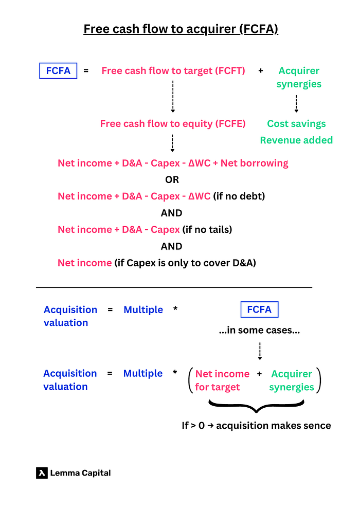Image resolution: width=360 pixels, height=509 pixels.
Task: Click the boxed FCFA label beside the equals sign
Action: (x=58, y=71)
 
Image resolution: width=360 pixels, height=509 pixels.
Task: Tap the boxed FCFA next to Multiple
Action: (x=259, y=310)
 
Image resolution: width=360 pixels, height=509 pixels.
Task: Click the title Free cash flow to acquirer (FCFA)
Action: (x=181, y=29)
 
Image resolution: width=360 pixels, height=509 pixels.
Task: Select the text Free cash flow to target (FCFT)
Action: (x=173, y=71)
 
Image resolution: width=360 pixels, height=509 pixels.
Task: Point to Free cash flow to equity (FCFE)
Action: (x=173, y=124)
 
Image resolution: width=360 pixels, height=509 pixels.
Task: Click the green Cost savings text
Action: (x=296, y=124)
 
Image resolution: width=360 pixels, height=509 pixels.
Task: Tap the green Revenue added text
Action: (x=296, y=140)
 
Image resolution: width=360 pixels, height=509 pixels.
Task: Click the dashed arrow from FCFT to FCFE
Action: (x=173, y=97)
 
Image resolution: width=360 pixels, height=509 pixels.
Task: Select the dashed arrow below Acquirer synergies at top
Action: (x=296, y=103)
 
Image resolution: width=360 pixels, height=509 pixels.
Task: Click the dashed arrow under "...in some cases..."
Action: (x=260, y=351)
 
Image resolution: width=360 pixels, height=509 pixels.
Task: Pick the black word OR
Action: (x=172, y=179)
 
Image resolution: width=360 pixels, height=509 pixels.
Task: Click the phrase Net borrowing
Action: (x=255, y=163)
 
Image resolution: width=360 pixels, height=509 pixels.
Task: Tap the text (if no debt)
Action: (x=239, y=196)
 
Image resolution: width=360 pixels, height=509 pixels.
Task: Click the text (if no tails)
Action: (x=207, y=229)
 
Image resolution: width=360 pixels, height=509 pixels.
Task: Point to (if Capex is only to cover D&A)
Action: (x=185, y=263)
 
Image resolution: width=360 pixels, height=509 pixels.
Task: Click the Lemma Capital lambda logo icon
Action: (x=42, y=473)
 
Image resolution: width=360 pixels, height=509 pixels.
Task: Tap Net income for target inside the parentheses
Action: (x=222, y=380)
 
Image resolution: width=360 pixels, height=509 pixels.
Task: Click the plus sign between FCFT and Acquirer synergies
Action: (x=261, y=71)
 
